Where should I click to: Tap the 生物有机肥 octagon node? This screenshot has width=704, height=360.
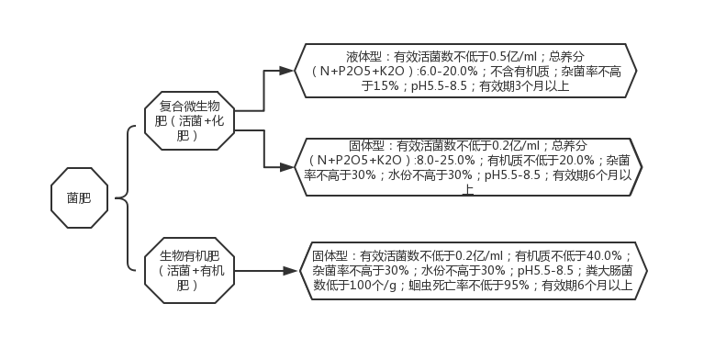192,271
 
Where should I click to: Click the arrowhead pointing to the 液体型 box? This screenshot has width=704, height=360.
286,71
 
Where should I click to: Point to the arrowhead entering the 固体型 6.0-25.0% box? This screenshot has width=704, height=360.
286,167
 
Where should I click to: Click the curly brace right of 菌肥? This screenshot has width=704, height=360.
127,197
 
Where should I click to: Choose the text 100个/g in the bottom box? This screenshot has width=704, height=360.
367,286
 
